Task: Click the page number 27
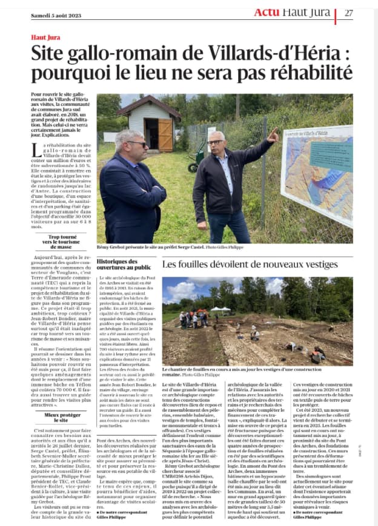click(350, 13)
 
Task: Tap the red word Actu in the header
click(266, 12)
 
